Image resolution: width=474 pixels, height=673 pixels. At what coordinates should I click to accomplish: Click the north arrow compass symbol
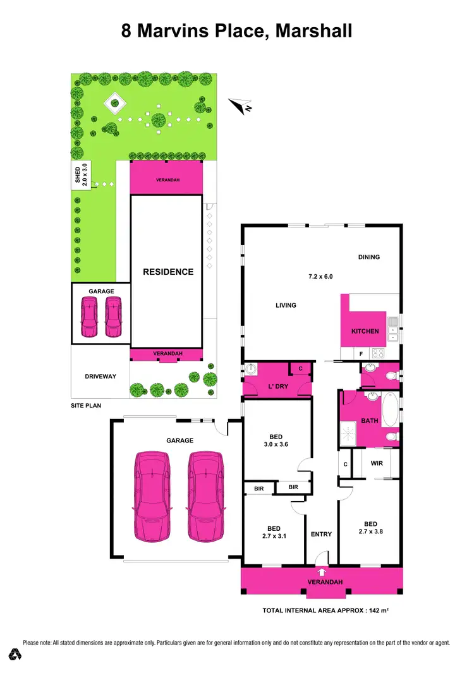click(241, 106)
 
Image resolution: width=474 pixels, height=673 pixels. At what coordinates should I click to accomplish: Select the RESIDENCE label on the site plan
click(168, 272)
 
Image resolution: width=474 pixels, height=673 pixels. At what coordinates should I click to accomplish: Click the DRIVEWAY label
click(100, 377)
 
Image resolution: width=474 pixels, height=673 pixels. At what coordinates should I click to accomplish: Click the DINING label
click(369, 257)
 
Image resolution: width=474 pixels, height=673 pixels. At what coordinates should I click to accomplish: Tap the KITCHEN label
click(365, 331)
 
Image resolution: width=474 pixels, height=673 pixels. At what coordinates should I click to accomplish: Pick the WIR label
click(377, 463)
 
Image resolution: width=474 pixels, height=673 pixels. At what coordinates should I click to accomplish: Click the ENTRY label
click(322, 535)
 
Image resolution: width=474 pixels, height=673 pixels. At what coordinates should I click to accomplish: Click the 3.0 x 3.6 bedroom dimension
click(276, 445)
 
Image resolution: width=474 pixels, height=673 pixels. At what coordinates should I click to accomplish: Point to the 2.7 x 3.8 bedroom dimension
click(370, 531)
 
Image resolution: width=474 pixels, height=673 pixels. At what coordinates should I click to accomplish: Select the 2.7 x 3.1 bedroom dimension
click(274, 537)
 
